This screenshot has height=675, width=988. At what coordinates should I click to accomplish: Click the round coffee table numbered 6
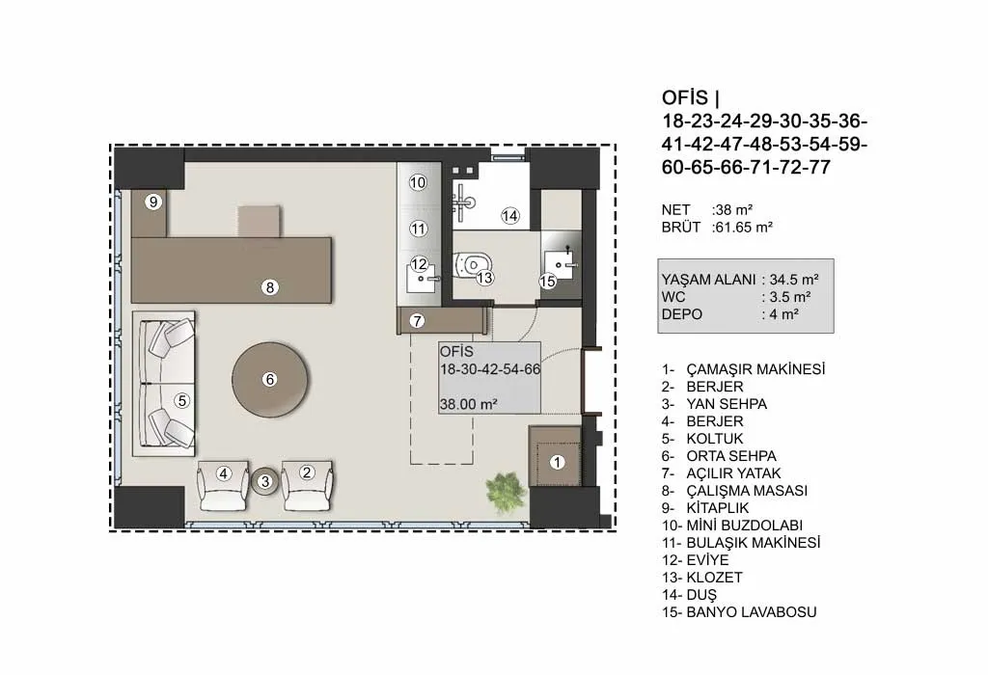270,379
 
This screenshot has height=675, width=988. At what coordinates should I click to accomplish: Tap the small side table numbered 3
265,482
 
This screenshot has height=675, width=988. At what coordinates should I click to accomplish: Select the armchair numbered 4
223,485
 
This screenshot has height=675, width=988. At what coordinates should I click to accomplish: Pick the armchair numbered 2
307,485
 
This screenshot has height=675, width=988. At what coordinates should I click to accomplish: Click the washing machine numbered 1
556,456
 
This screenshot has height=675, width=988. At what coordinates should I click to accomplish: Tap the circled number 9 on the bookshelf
153,202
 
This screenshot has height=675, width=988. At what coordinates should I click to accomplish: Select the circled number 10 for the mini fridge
418,182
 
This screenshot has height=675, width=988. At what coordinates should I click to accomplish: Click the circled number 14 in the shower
509,216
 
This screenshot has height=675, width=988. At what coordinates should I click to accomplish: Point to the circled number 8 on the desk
270,287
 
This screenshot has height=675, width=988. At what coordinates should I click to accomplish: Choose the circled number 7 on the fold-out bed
417,321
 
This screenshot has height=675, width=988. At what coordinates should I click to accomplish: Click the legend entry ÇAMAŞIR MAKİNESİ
755,369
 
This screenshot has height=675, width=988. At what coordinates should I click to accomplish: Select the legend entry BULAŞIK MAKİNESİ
753,543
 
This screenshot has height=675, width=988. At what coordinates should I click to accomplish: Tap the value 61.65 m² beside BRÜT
744,228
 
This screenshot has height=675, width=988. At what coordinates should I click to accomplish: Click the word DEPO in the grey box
682,314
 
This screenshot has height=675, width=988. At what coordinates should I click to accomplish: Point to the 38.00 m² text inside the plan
469,404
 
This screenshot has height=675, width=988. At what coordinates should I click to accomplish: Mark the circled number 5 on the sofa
182,400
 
